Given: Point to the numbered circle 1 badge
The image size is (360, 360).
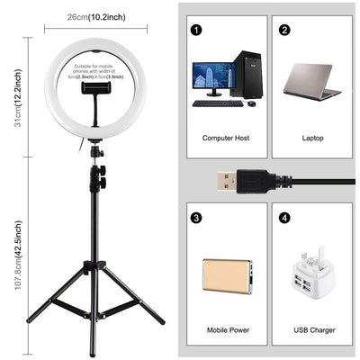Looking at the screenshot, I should tap(195, 29).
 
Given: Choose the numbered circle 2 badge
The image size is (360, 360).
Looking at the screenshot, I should tap(284, 29).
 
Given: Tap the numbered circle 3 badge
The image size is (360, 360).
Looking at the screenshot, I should tap(195, 217).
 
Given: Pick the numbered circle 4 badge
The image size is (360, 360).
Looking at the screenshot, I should tap(284, 217).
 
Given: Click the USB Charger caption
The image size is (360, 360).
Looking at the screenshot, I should tap(312, 328).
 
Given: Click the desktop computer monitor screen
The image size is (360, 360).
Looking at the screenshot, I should tap(211, 78).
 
